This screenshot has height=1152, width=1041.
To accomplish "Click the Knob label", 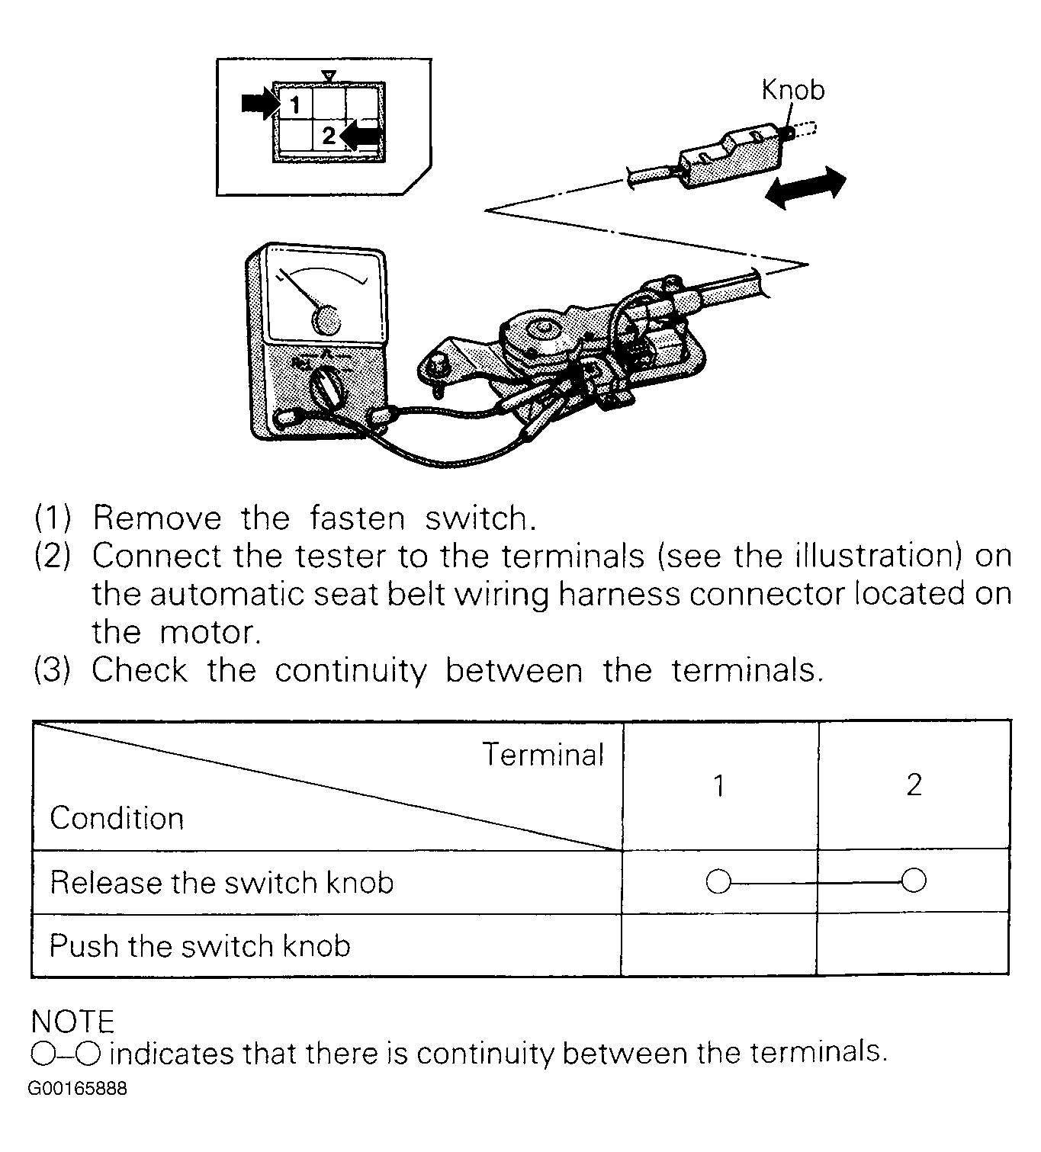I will point(792,90).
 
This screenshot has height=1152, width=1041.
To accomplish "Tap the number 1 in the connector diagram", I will point(295,104).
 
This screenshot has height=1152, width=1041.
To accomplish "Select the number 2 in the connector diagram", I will point(329,136).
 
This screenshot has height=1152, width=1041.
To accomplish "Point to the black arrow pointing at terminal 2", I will point(361,135).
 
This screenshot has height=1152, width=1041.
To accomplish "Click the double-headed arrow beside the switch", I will point(805,188).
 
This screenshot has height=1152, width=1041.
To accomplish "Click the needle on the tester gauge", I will point(302,293).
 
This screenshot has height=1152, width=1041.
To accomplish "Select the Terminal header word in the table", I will point(542,755).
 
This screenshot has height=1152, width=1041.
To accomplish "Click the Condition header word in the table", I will point(117,818).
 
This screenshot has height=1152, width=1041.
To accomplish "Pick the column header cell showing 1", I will point(718,785).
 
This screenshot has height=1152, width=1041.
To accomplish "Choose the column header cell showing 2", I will point(914,785).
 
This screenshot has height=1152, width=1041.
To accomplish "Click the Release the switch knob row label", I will point(222,883).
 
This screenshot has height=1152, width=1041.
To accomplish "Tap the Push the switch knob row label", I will point(200,946).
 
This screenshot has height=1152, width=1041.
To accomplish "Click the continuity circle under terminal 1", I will point(718,882).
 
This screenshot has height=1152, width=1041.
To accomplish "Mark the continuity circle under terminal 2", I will point(914,881).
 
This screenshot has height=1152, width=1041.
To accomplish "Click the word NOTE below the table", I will point(72,1021).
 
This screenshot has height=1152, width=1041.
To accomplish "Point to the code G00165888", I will point(78,1088).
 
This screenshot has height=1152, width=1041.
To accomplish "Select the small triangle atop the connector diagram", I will point(328,75).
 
